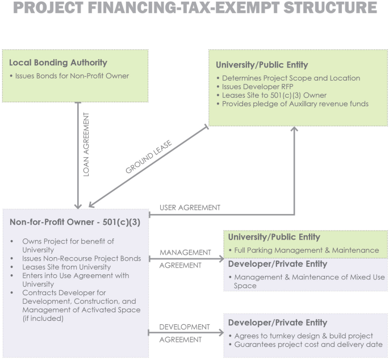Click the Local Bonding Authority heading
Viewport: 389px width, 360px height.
[58, 62]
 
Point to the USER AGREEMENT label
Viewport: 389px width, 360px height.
[190, 208]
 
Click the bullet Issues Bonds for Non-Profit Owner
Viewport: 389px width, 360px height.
[72, 76]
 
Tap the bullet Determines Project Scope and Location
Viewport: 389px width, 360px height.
[291, 78]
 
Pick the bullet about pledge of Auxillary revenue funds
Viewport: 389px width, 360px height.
[295, 103]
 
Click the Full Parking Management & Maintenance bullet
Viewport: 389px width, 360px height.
[306, 250]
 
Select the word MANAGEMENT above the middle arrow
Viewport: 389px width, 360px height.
[185, 252]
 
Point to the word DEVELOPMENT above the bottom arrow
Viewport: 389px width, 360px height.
[185, 327]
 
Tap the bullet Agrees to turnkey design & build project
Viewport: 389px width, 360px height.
[304, 336]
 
